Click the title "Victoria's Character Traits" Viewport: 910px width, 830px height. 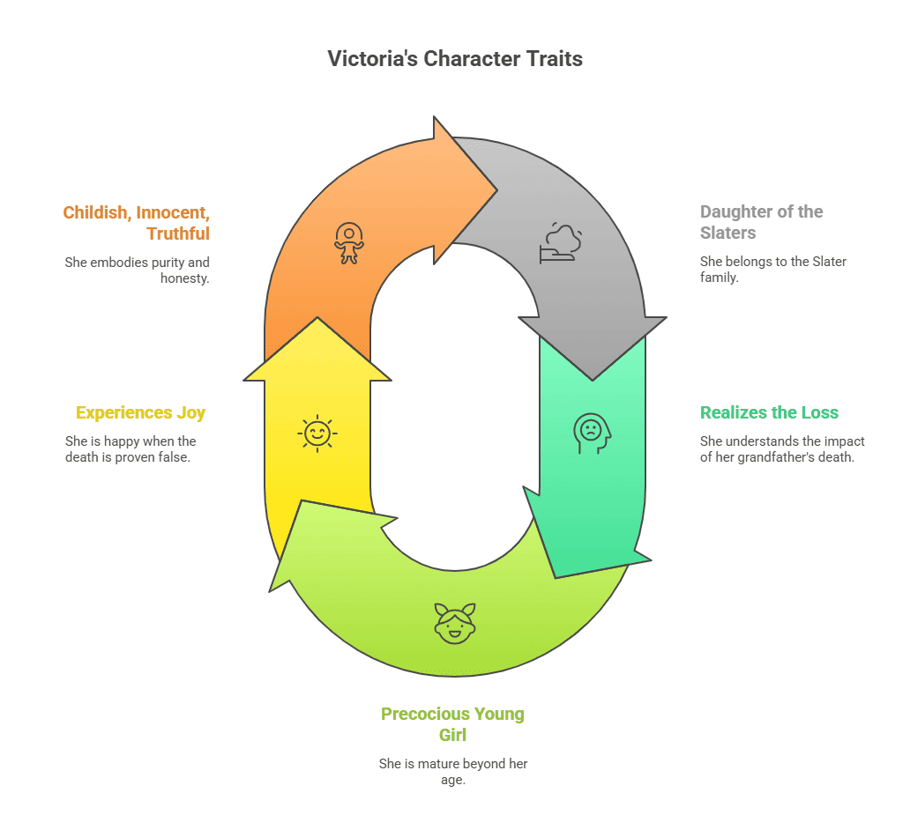pyautogui.click(x=455, y=59)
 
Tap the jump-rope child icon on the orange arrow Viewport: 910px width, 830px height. pyautogui.click(x=348, y=243)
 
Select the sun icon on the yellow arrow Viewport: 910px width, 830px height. pyautogui.click(x=317, y=433)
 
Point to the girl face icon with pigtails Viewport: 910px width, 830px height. pyautogui.click(x=455, y=622)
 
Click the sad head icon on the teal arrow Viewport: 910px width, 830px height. pyautogui.click(x=591, y=433)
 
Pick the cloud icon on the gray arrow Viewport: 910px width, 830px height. pyautogui.click(x=561, y=243)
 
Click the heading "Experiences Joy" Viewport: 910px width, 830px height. pyautogui.click(x=140, y=412)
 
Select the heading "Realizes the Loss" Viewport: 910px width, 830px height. pyautogui.click(x=769, y=412)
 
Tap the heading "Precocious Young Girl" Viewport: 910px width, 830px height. pyautogui.click(x=452, y=723)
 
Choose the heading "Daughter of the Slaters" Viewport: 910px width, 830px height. pyautogui.click(x=761, y=222)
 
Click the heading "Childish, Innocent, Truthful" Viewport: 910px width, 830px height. pyautogui.click(x=136, y=222)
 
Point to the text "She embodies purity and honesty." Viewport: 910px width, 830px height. pyautogui.click(x=137, y=270)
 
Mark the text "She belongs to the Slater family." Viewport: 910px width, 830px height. pyautogui.click(x=772, y=270)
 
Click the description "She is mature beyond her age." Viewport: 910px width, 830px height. pyautogui.click(x=452, y=771)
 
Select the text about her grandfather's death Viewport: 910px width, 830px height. pyautogui.click(x=781, y=448)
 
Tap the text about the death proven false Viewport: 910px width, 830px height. pyautogui.click(x=131, y=448)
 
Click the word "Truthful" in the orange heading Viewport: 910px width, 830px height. pyautogui.click(x=178, y=233)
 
